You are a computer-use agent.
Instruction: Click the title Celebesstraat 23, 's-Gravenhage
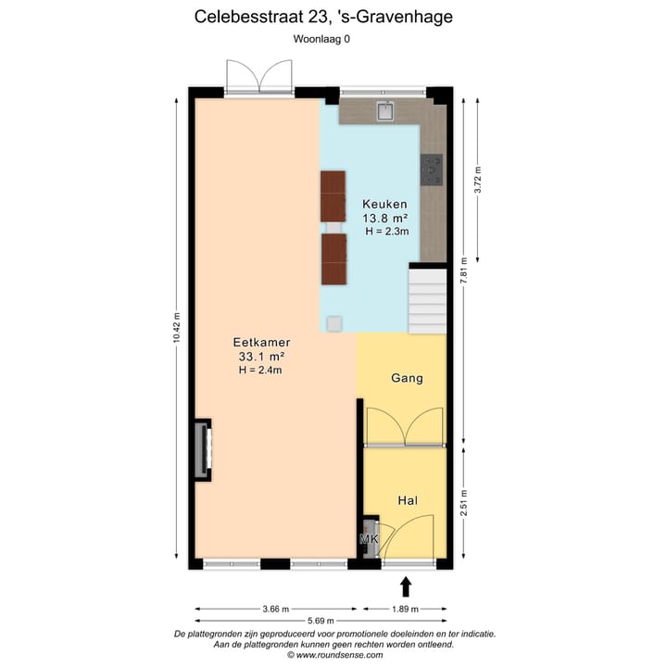[323, 16]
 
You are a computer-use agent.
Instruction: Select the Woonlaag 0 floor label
[322, 39]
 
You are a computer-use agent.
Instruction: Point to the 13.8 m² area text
[384, 218]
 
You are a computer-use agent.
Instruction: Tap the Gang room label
[407, 378]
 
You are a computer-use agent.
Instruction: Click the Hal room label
[407, 500]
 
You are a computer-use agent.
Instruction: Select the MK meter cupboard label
[369, 540]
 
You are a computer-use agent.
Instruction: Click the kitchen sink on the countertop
[386, 112]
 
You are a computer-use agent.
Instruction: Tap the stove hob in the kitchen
[432, 168]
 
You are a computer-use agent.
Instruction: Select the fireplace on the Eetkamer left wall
[202, 450]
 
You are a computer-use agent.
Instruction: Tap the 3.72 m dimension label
[478, 178]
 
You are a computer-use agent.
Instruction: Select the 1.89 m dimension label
[405, 609]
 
